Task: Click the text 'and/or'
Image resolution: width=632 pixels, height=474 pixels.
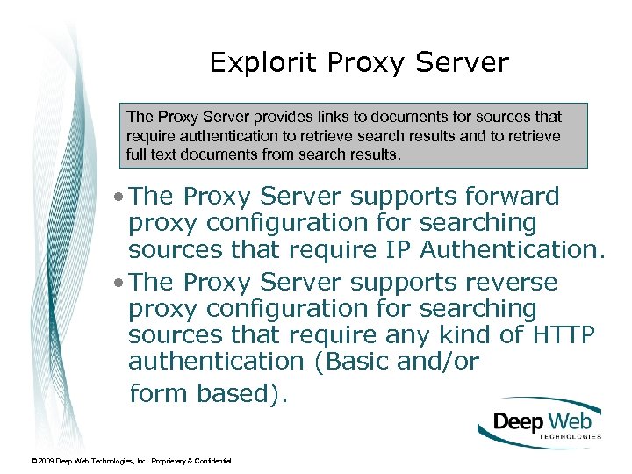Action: coord(442,361)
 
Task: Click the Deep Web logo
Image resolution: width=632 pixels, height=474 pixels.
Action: coord(541,423)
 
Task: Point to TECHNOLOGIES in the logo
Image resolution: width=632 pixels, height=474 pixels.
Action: coord(571,436)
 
